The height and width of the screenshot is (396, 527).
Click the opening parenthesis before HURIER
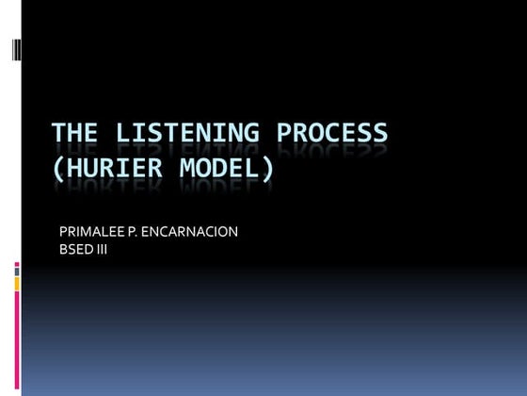point(58,171)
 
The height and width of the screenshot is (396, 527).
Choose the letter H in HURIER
point(74,170)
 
